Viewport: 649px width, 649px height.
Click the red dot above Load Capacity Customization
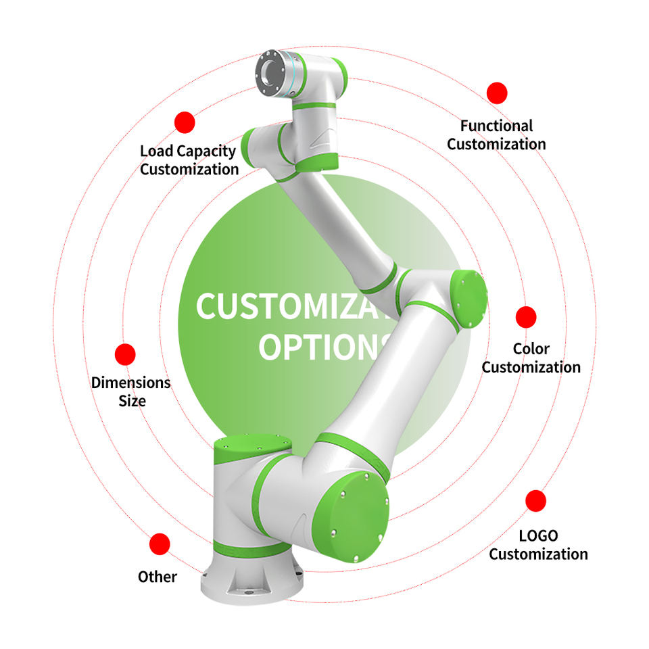click(185, 122)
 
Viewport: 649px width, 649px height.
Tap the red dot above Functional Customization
click(497, 93)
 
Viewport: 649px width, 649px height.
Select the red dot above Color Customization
click(526, 317)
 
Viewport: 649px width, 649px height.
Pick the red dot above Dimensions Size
click(125, 354)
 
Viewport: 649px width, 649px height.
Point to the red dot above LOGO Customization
click(536, 501)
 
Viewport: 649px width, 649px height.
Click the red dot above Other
click(160, 544)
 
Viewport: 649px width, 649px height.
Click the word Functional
click(496, 126)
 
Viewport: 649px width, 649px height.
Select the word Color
click(531, 349)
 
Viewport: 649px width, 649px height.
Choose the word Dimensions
click(130, 383)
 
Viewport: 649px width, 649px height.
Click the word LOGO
click(538, 536)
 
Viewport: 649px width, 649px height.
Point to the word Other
click(158, 577)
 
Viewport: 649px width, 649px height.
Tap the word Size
click(132, 400)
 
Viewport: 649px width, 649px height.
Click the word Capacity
click(206, 151)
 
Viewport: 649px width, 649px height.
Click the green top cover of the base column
click(252, 447)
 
